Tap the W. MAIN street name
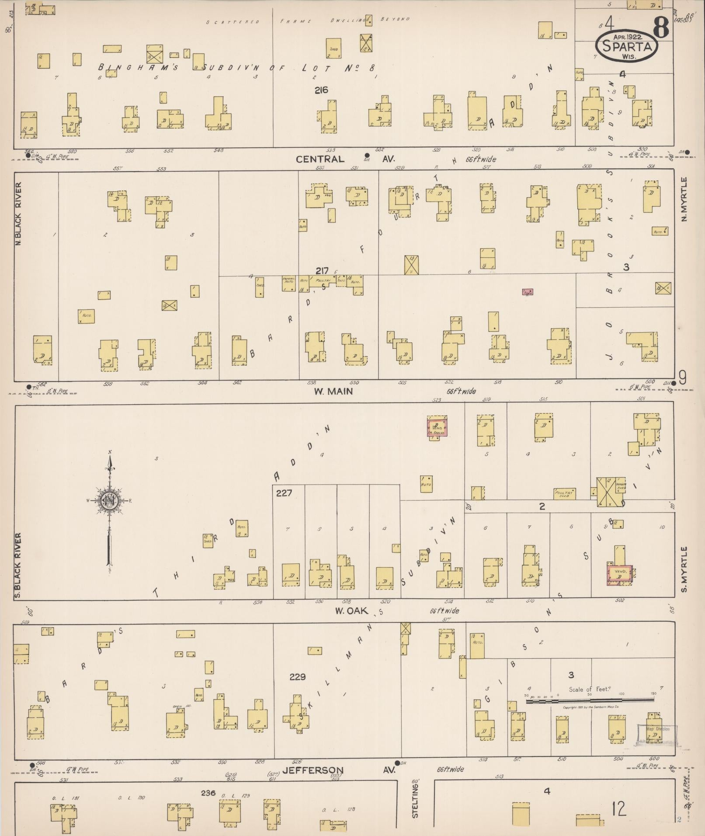coord(333,392)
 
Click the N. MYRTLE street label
coord(684,199)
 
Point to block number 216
coord(321,90)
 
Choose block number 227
coord(284,493)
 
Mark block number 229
coord(297,677)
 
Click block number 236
coord(208,792)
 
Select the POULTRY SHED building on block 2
coord(564,494)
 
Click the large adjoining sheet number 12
coord(620,809)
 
